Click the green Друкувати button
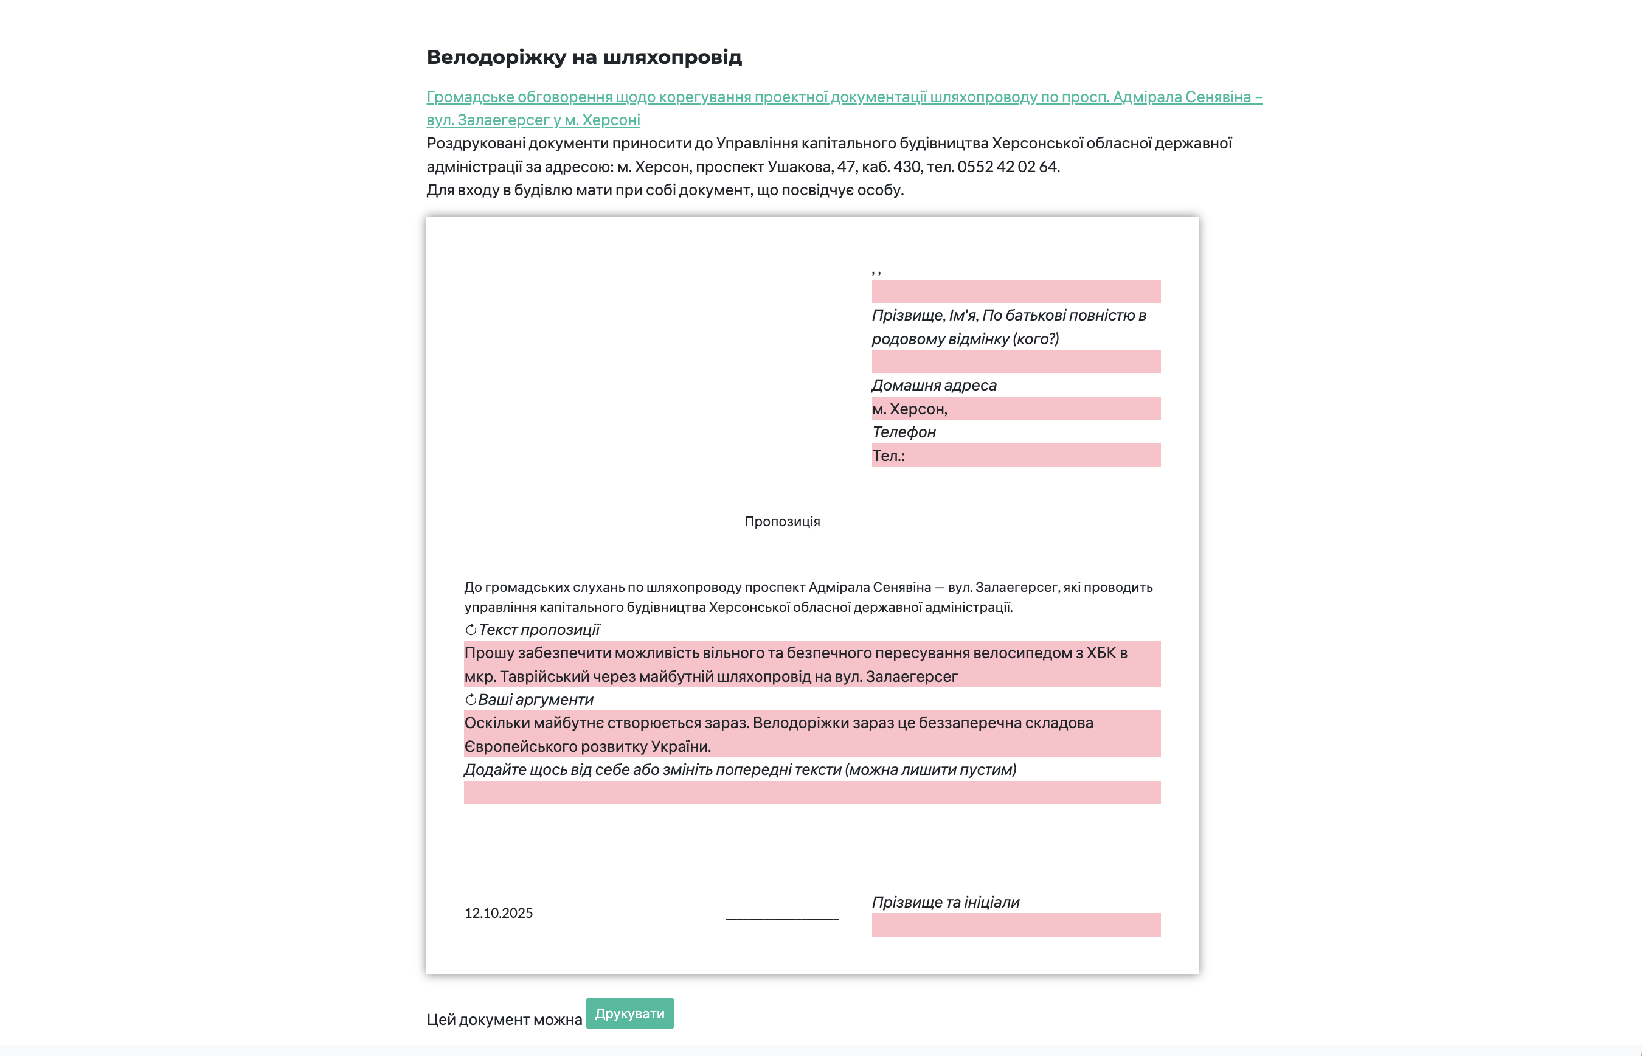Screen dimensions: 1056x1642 coord(629,1013)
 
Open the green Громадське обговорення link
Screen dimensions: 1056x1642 coord(844,97)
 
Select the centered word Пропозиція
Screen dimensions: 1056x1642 coord(781,522)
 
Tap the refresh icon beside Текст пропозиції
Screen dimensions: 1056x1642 coord(471,630)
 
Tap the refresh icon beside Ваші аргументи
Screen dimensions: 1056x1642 coord(471,700)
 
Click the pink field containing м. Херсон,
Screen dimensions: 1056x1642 coord(1016,409)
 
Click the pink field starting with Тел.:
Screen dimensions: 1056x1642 coord(1016,456)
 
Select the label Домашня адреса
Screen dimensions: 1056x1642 coord(934,386)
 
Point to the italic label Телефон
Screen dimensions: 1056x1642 coord(904,432)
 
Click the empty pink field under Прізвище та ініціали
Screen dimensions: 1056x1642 coord(1016,925)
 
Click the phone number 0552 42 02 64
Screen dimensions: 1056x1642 coord(1008,167)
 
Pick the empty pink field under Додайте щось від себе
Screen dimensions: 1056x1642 coord(812,793)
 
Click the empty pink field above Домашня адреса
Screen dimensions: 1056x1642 coord(1016,361)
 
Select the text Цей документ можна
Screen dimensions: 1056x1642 coord(504,1020)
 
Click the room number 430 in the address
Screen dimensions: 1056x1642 coord(906,167)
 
